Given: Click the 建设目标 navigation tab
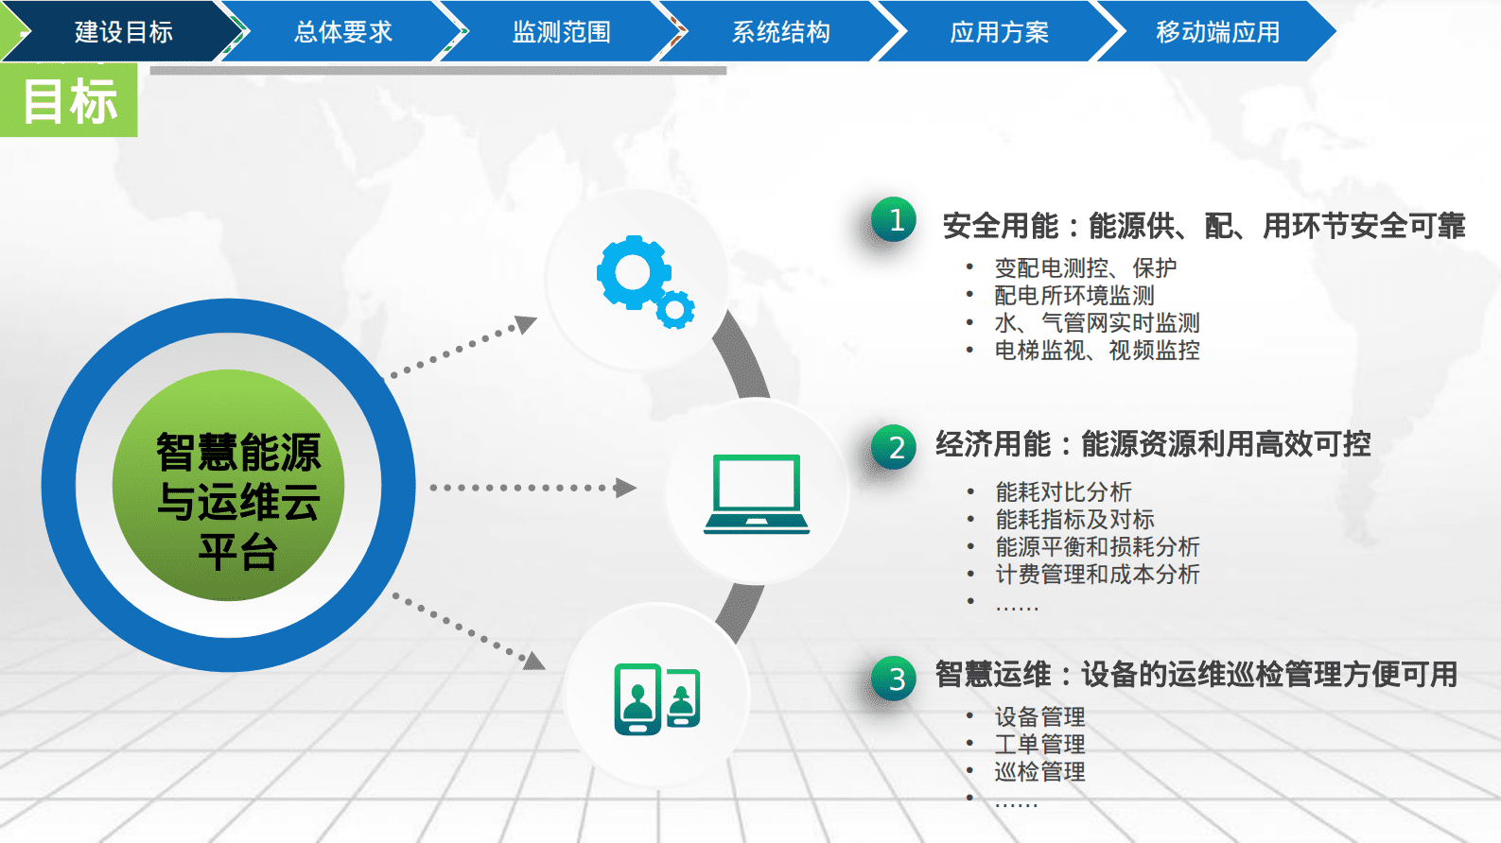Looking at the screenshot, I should pos(123,32).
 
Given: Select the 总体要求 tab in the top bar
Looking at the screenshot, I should pos(342,32).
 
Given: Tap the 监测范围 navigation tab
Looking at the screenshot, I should pos(561,32).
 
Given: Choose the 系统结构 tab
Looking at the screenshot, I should pos(780,32).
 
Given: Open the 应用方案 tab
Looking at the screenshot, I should pos(999,32).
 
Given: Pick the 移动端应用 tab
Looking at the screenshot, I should pos(1217,32).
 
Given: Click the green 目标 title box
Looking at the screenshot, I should pos(69,101).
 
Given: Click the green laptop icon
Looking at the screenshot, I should pos(756,493).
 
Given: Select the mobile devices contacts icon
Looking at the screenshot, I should pos(656,698).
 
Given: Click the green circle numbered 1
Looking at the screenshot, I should pos(895,220).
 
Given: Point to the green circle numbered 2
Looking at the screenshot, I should pos(895,447).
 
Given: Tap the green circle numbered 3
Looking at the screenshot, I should pos(895,678).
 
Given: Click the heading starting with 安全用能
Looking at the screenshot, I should pos(1203,227).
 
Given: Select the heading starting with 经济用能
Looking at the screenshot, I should pos(1153,444).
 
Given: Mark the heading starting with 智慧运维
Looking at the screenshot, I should pos(1196,675).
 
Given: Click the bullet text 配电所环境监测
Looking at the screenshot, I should pos(1073,296).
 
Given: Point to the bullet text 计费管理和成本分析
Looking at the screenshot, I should pos(1097,575).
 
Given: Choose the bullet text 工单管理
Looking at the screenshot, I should pos(1039,745).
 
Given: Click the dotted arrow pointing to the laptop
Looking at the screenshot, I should pos(532,488).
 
